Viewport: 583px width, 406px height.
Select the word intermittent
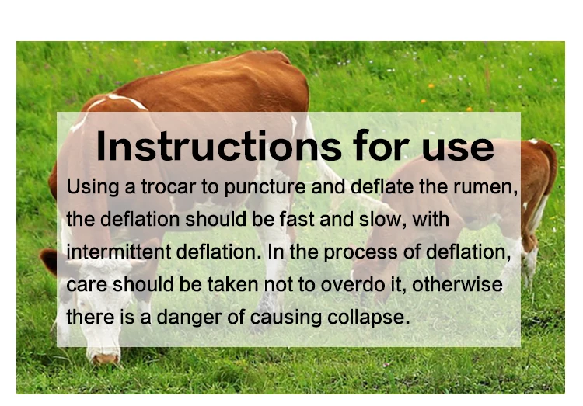(114, 252)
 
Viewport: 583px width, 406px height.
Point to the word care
(85, 285)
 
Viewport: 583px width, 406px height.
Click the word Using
(89, 188)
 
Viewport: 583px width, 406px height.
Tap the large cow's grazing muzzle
(104, 356)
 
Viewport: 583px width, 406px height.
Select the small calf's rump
(544, 167)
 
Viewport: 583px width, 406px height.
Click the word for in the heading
(371, 147)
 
